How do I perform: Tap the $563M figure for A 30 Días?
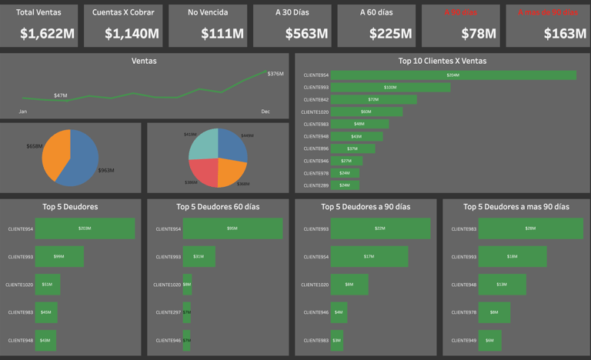[x=306, y=34]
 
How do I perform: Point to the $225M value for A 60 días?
[x=390, y=34]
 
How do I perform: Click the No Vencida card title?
[x=209, y=12]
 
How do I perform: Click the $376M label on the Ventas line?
[x=275, y=74]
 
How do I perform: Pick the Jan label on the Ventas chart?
[x=23, y=112]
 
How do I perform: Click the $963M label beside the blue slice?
[x=105, y=170]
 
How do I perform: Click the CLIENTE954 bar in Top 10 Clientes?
[x=452, y=75]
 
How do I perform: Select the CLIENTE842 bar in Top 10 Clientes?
[x=373, y=100]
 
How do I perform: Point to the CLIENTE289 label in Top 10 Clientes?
[x=316, y=185]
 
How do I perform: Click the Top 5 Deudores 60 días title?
[x=218, y=206]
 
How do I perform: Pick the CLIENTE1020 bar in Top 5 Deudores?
[x=47, y=285]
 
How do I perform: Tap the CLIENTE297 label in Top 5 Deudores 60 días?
[x=167, y=312]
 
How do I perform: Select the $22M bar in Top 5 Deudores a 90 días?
[x=380, y=229]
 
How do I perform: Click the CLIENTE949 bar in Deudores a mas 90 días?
[x=489, y=340]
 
